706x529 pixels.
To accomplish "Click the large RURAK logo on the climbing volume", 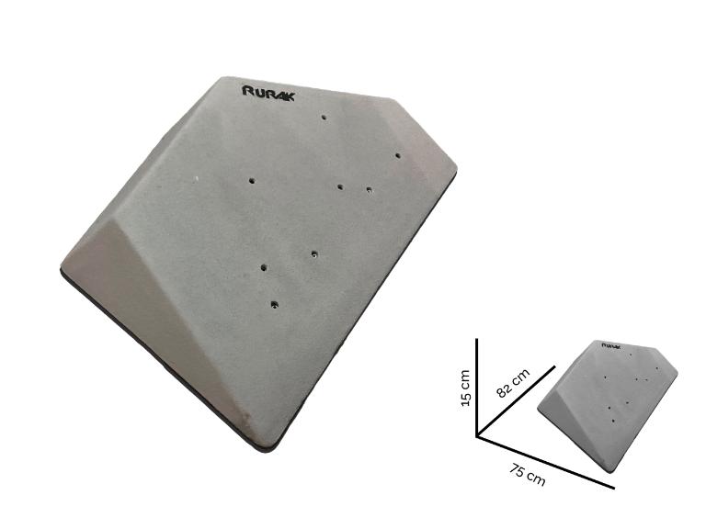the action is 268,93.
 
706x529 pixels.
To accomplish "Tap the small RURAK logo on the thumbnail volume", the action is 611,346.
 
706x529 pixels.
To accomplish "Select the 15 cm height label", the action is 465,388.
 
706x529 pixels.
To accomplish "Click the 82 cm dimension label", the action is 513,383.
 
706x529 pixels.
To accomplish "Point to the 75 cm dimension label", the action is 528,476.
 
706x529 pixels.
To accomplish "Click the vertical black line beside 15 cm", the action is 477,388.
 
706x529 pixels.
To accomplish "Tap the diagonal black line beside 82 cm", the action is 516,400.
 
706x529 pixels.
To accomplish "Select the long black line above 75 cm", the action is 546,462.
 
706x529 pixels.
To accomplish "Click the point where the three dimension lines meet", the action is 477,436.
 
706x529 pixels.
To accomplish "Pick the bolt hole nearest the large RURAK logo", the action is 324,118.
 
